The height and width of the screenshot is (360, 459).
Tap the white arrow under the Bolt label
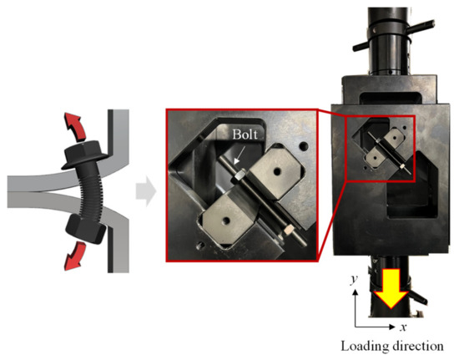239,154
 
